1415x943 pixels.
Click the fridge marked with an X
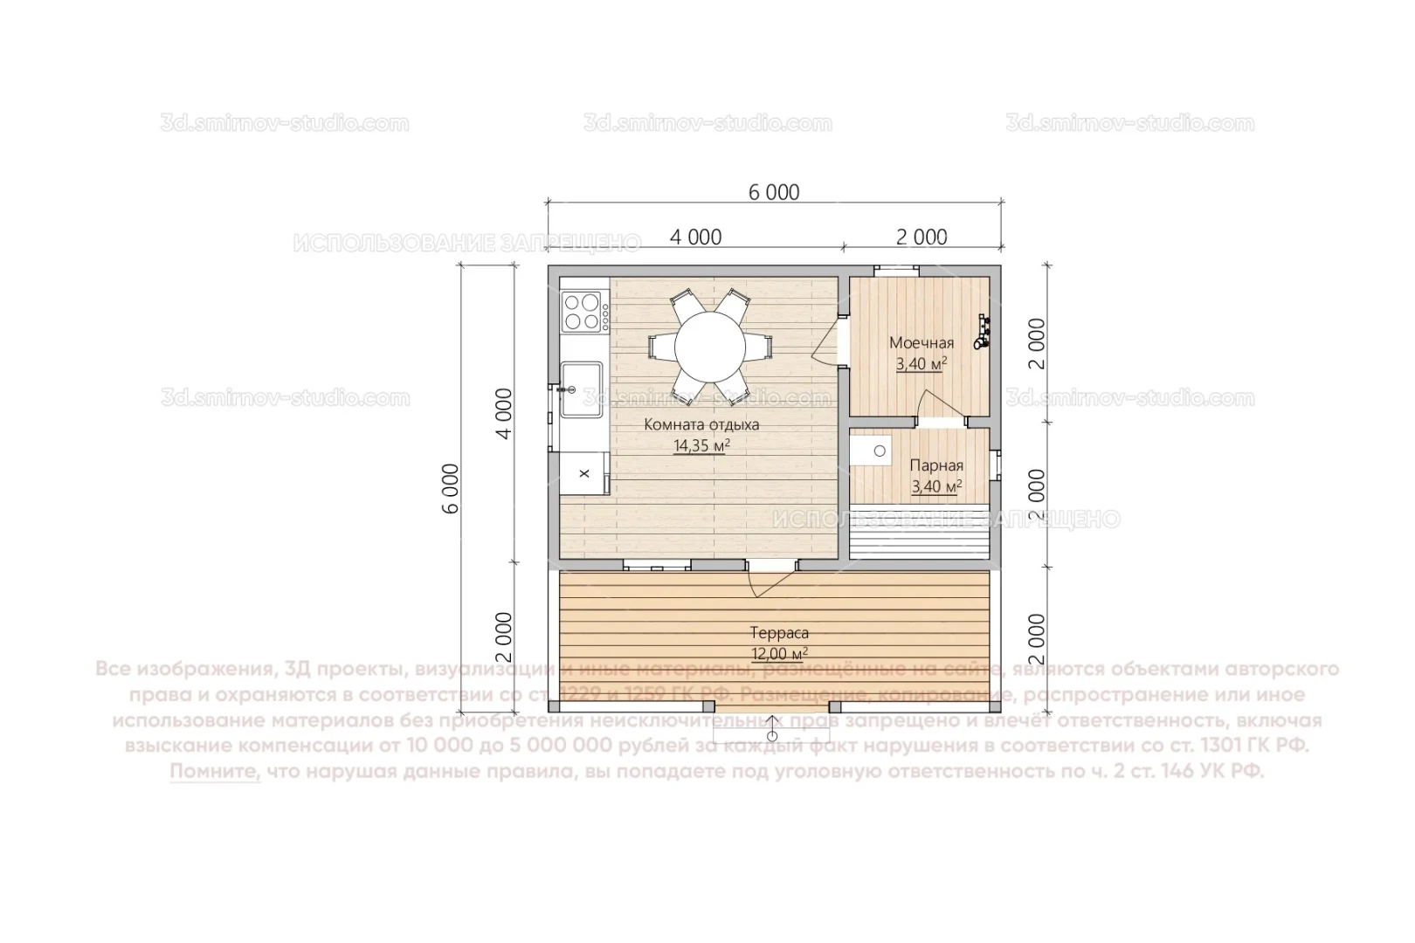(584, 472)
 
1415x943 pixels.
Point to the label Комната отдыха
(701, 425)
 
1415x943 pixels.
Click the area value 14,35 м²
(701, 446)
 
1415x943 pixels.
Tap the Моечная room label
(921, 343)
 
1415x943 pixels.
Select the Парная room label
(936, 466)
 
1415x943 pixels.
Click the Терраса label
(779, 633)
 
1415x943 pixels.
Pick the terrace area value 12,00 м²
(779, 654)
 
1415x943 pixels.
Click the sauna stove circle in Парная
(880, 451)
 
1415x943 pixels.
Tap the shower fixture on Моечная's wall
(984, 332)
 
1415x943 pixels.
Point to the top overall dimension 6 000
(774, 192)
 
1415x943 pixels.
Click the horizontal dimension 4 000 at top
(695, 237)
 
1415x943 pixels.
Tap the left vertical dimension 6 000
(450, 488)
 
